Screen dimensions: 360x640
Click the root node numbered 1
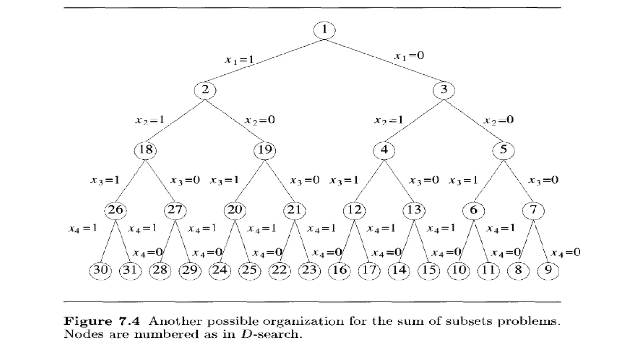(x=324, y=30)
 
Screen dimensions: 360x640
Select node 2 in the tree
(x=205, y=90)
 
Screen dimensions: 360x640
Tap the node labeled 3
(x=444, y=90)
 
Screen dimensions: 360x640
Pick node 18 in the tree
(x=145, y=150)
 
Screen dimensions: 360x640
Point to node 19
(x=265, y=150)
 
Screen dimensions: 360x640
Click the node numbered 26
(x=115, y=210)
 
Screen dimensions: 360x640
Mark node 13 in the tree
(x=414, y=210)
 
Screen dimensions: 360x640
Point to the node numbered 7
(x=533, y=210)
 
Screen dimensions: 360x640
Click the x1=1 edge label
(x=239, y=59)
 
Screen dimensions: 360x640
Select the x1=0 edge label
(x=409, y=56)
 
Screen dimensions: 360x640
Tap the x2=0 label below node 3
(x=498, y=120)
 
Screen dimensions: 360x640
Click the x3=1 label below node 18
(x=105, y=180)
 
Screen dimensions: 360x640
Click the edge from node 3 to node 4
(x=414, y=120)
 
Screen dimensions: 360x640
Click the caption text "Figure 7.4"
(x=102, y=321)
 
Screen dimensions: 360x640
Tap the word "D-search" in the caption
(x=271, y=334)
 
